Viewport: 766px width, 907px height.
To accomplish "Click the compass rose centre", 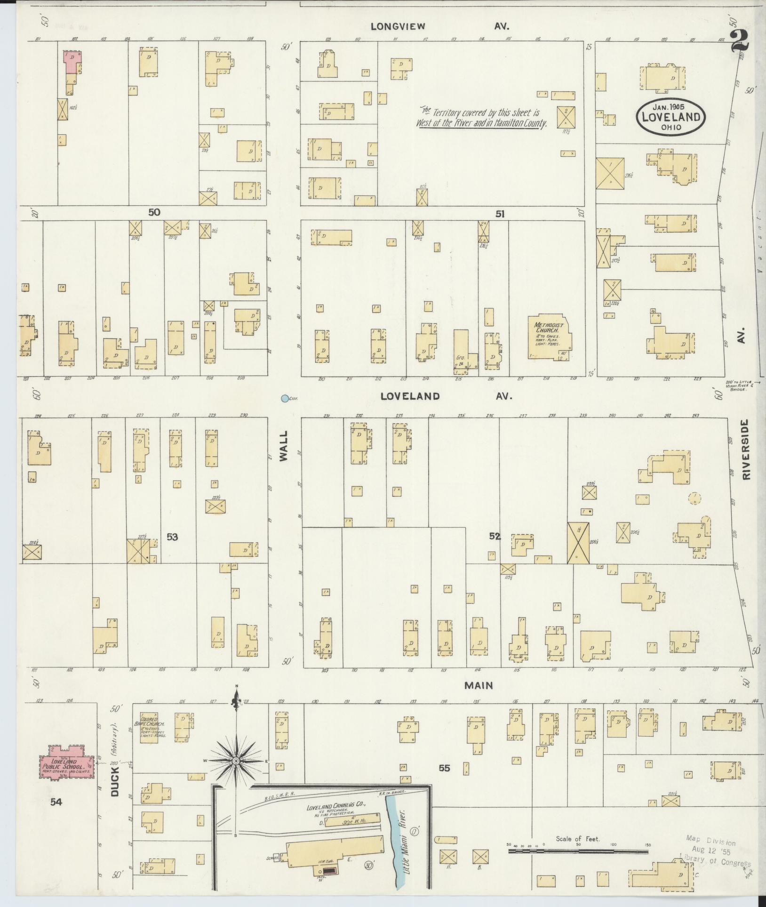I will point(236,761).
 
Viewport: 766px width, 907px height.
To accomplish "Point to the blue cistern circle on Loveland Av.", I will point(284,399).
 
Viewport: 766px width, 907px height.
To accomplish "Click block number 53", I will point(172,536).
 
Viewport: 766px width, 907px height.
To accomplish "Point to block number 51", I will point(499,214).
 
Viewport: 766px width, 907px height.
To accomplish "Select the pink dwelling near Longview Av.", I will point(72,63).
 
